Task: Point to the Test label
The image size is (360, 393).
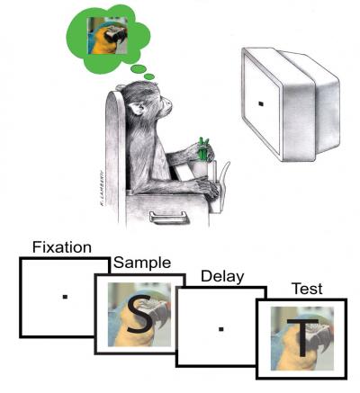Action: [x=308, y=290]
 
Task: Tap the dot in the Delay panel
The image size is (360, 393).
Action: [x=220, y=327]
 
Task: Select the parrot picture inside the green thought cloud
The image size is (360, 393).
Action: [x=104, y=37]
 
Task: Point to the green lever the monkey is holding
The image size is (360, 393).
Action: [x=203, y=146]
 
